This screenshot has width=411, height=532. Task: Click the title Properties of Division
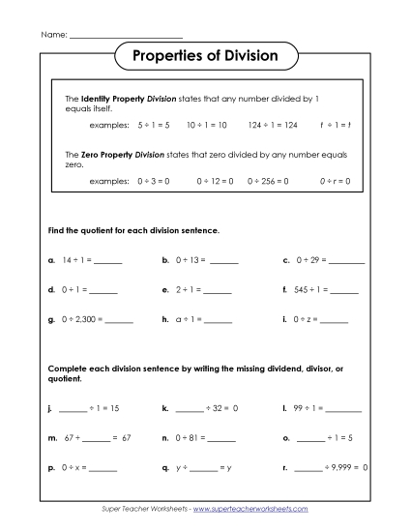[x=205, y=56]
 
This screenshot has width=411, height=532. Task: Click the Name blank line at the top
[x=113, y=35]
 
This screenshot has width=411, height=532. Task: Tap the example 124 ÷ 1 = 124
[x=273, y=125]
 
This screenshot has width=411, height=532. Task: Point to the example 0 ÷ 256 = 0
[x=272, y=181]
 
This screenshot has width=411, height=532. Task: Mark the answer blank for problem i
[x=334, y=319]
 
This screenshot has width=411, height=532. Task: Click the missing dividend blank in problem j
[x=73, y=410]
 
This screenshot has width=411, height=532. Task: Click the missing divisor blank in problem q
[x=204, y=467]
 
